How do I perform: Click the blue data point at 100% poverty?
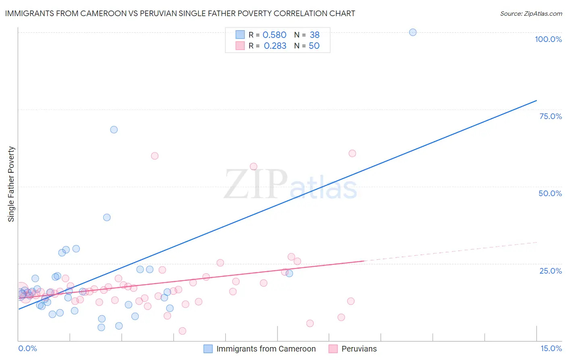click(x=413, y=32)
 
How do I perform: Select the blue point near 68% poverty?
click(x=114, y=130)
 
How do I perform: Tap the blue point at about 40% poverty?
click(x=107, y=217)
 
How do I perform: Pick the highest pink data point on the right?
click(x=352, y=153)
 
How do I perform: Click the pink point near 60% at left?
click(x=154, y=156)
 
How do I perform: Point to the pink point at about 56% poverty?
click(x=253, y=166)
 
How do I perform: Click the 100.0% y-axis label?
click(x=548, y=39)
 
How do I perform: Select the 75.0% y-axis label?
click(x=550, y=116)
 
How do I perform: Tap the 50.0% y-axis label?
click(x=550, y=193)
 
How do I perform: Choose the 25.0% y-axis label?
click(x=550, y=271)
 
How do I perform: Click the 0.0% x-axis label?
click(x=27, y=348)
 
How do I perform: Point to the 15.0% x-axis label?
click(x=551, y=348)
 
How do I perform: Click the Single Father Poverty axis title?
click(x=11, y=184)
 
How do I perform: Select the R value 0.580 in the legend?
click(x=274, y=35)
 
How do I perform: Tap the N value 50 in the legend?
click(x=314, y=46)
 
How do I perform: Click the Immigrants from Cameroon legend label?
click(x=266, y=349)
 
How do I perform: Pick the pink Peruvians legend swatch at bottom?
click(x=333, y=349)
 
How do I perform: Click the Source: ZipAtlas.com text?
click(x=531, y=14)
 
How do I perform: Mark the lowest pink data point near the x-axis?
click(x=182, y=331)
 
